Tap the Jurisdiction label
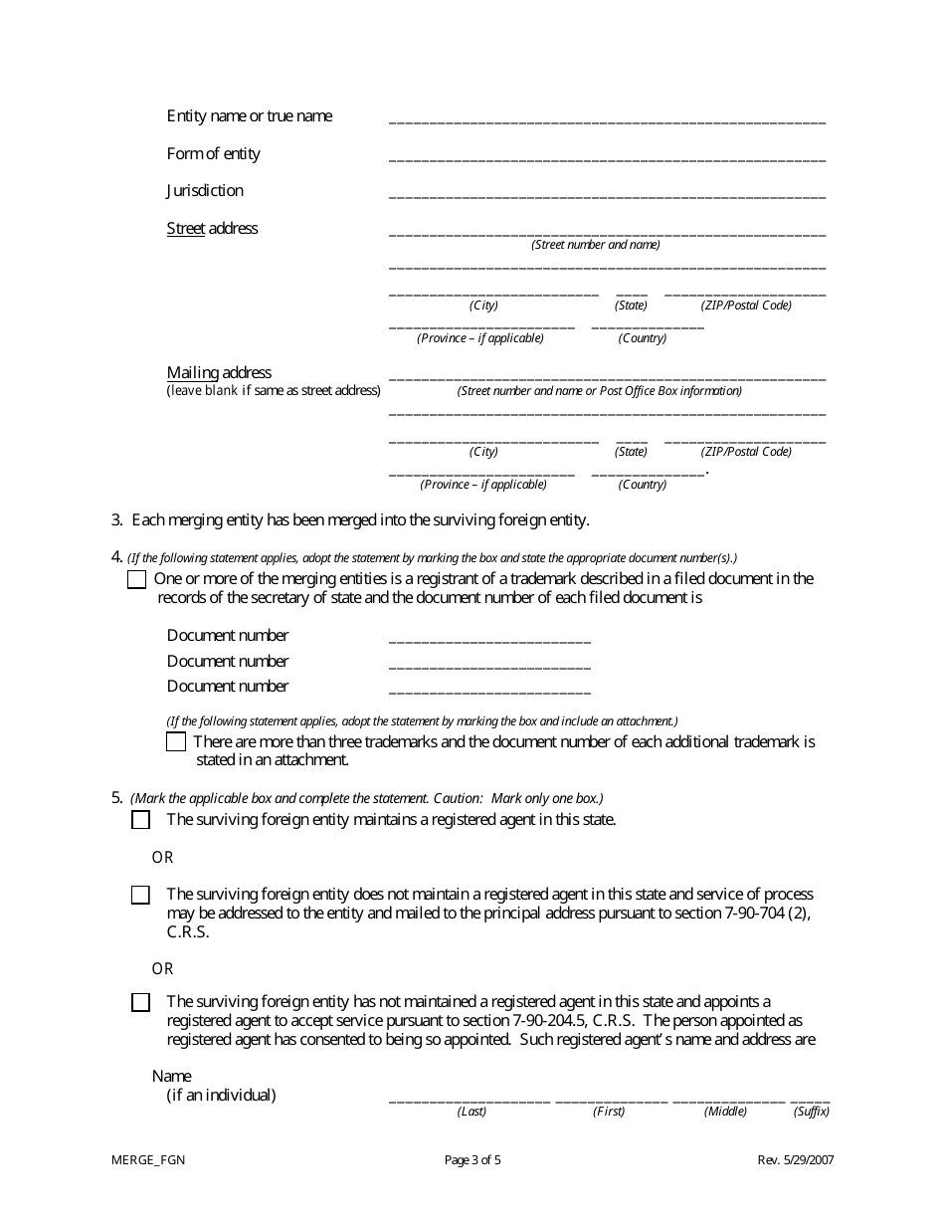[205, 190]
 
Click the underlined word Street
[185, 228]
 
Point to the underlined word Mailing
[191, 372]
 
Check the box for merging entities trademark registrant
[137, 580]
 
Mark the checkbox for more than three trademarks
[176, 741]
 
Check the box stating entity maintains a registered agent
[140, 820]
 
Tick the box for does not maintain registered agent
[140, 895]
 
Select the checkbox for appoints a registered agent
[140, 1002]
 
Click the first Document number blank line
[489, 638]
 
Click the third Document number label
[228, 686]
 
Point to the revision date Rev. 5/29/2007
[796, 1159]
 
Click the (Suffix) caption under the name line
[812, 1112]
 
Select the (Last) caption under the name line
[472, 1112]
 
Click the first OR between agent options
[162, 857]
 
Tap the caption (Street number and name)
[596, 245]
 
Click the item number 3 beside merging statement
[116, 519]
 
